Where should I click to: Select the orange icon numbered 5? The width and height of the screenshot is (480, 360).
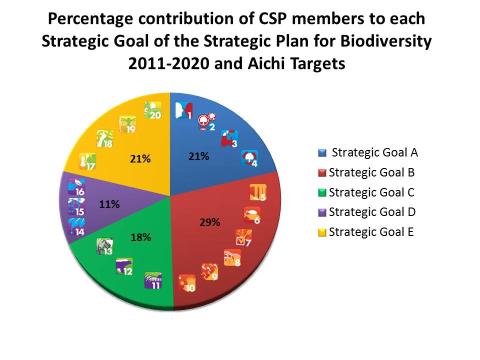258,193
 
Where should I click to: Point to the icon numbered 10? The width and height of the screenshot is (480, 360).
187,282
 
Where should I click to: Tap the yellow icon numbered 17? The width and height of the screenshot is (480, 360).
88,162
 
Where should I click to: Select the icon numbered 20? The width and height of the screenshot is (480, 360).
152,110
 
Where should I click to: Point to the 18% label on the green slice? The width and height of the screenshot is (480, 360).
141,237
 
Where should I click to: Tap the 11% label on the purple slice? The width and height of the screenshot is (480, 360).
109,204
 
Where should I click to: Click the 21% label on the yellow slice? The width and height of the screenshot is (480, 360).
140,159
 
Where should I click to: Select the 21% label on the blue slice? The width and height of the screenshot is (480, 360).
198,156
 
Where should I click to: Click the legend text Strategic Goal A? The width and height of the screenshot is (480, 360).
375,152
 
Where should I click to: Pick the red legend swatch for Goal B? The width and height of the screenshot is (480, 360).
322,172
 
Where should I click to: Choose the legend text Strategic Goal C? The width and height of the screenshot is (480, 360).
372,192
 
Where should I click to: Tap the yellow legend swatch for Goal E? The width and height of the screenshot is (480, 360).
322,231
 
